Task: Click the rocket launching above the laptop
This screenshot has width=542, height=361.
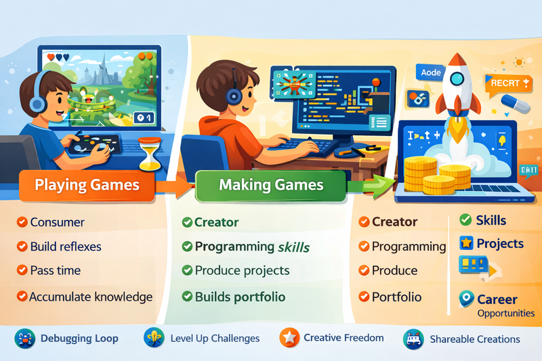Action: coord(458,91)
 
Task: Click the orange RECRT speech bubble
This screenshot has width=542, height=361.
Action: coord(505,83)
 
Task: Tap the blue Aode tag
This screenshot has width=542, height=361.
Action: coord(431,72)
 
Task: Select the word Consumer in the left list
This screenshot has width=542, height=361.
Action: coord(58,222)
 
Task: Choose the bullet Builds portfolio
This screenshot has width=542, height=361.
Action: coord(240,297)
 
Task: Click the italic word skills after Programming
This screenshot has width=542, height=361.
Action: coord(293,247)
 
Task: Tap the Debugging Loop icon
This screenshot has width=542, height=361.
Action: coord(24,339)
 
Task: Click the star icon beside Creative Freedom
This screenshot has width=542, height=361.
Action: coord(289,338)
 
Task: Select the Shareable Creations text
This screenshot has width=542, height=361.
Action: coord(475,339)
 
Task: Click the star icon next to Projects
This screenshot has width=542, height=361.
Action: coord(466,243)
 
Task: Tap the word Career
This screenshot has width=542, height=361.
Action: coord(497,299)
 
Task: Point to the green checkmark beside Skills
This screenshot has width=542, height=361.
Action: coord(466,220)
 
